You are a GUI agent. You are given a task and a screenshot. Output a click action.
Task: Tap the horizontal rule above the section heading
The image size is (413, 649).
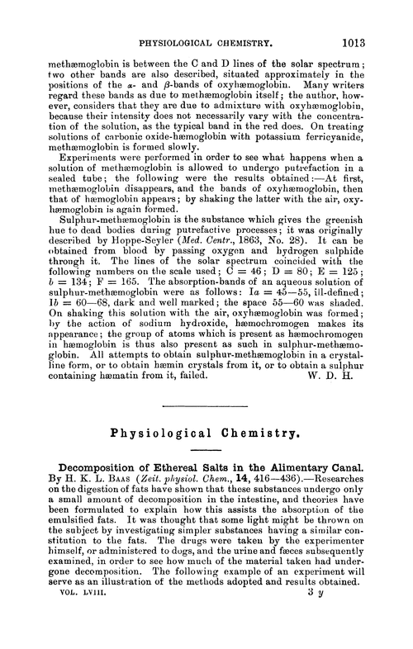tap(206, 405)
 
